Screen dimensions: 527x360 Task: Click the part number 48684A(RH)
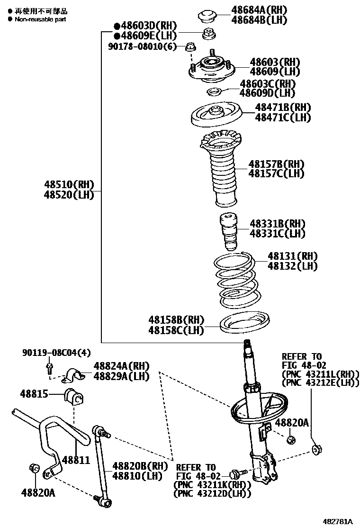click(259, 9)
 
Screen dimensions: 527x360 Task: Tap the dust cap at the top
click(207, 16)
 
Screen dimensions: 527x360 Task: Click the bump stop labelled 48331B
click(228, 232)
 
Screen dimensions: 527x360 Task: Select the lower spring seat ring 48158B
click(245, 321)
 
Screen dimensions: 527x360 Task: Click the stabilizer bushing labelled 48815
click(73, 396)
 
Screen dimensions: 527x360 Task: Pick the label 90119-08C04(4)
click(56, 353)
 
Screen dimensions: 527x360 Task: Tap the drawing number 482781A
click(338, 521)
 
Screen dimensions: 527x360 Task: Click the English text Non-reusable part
click(40, 19)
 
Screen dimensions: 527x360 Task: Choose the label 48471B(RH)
click(283, 108)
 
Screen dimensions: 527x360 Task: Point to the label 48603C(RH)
click(268, 83)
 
